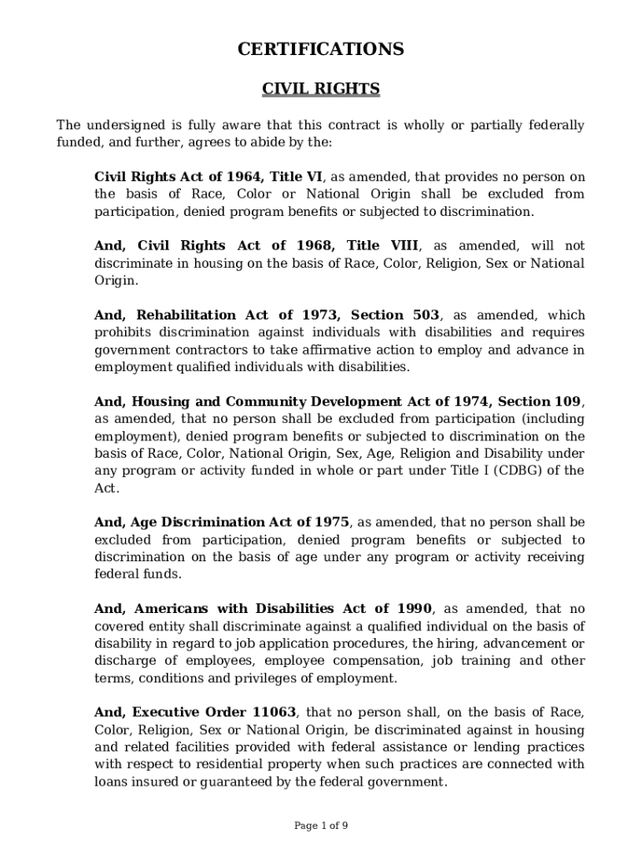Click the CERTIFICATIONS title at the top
[x=321, y=50]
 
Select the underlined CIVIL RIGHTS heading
[x=321, y=88]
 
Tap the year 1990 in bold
[x=414, y=609]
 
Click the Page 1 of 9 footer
[x=321, y=826]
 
